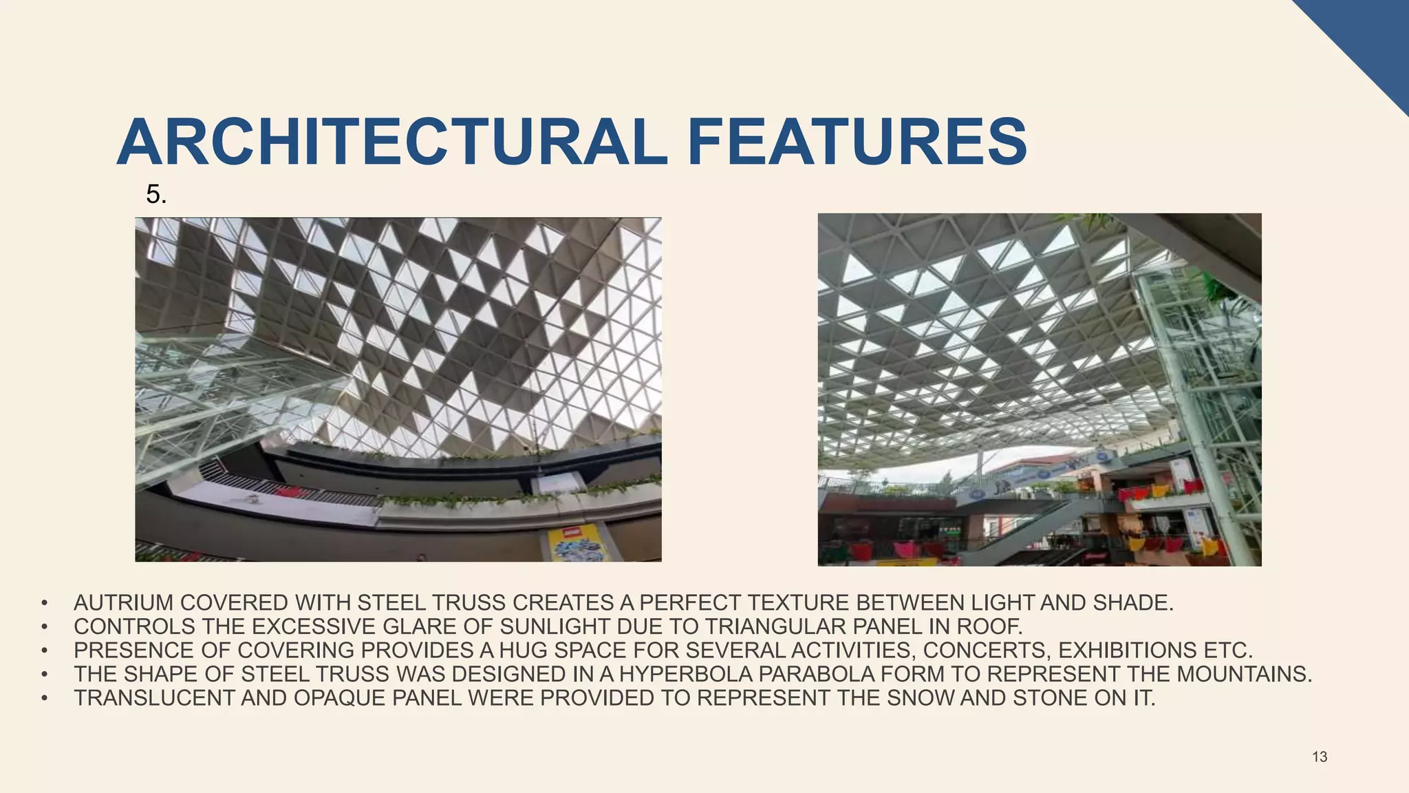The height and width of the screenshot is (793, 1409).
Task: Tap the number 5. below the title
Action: point(156,195)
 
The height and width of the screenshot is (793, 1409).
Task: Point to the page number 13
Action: point(1320,757)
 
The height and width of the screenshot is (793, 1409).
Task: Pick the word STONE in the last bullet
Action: point(1049,698)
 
